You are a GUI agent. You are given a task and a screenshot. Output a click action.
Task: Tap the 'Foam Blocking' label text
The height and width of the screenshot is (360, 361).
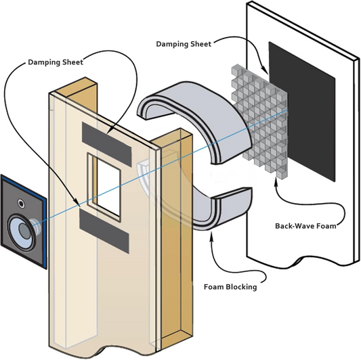tap(230, 286)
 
